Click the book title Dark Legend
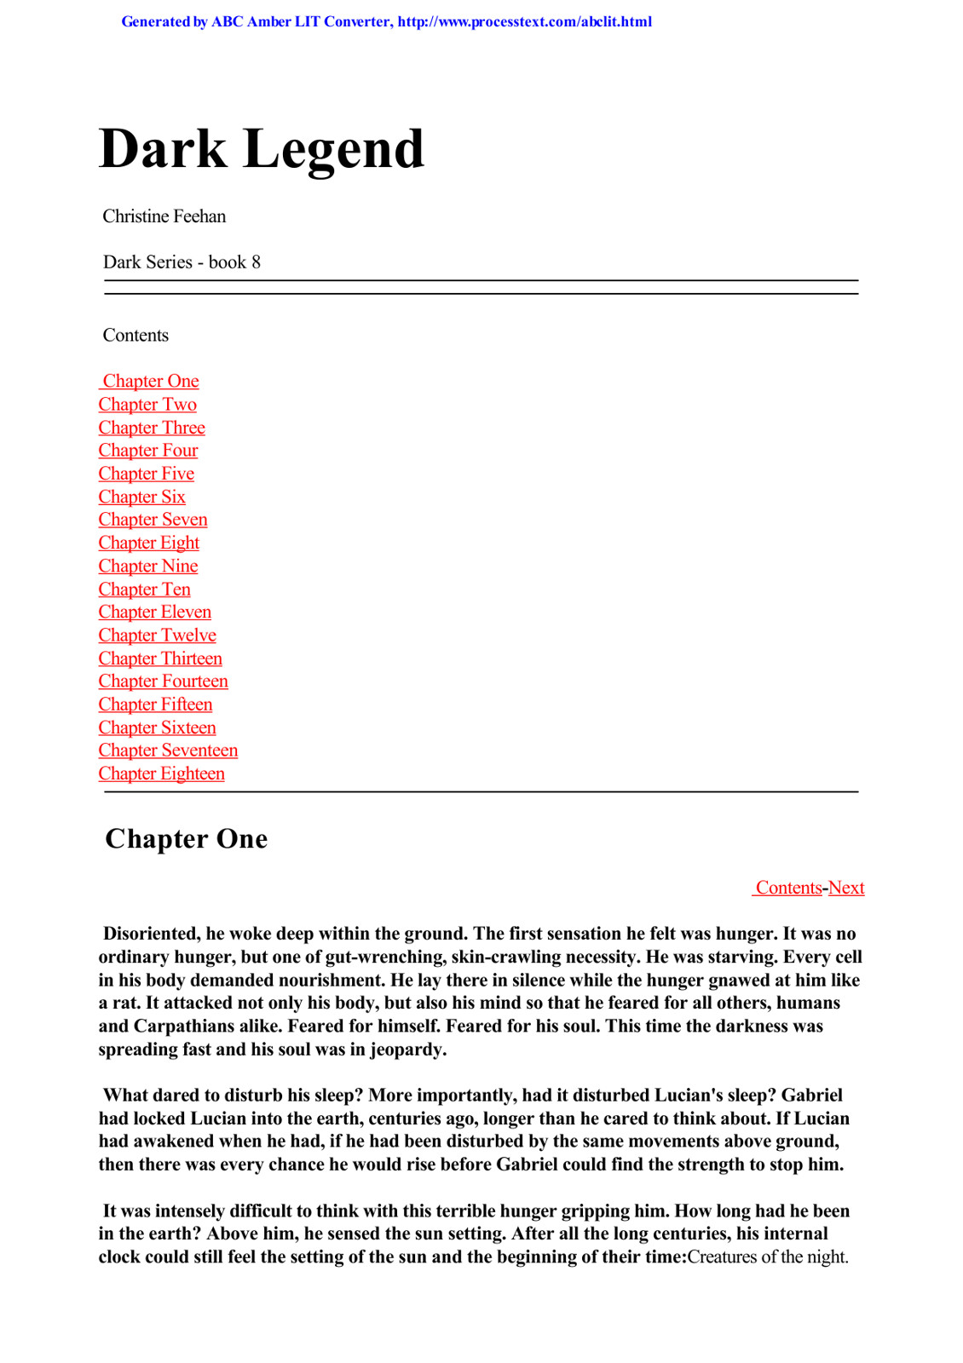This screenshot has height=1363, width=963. (x=261, y=149)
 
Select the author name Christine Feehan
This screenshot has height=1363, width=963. (x=164, y=216)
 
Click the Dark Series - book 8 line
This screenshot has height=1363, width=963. (x=182, y=262)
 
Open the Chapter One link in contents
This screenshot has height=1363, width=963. (x=151, y=381)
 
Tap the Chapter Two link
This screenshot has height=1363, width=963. (x=147, y=405)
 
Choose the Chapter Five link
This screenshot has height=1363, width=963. (x=147, y=474)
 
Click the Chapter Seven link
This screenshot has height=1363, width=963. (x=153, y=520)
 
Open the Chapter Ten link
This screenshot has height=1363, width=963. (x=144, y=589)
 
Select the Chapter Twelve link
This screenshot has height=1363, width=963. (x=157, y=635)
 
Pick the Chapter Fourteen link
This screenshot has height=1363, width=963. (x=163, y=681)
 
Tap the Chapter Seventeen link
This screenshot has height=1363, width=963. (x=168, y=751)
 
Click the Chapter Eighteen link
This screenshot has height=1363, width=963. (x=161, y=774)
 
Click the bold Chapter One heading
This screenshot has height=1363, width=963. (x=186, y=839)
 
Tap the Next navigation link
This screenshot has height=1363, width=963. (x=846, y=888)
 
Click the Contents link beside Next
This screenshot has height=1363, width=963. (x=788, y=888)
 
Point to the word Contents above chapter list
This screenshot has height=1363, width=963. (x=136, y=336)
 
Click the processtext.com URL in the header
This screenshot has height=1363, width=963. (x=524, y=22)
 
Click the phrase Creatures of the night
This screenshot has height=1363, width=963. (x=767, y=1257)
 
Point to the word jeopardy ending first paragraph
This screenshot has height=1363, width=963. (x=407, y=1050)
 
